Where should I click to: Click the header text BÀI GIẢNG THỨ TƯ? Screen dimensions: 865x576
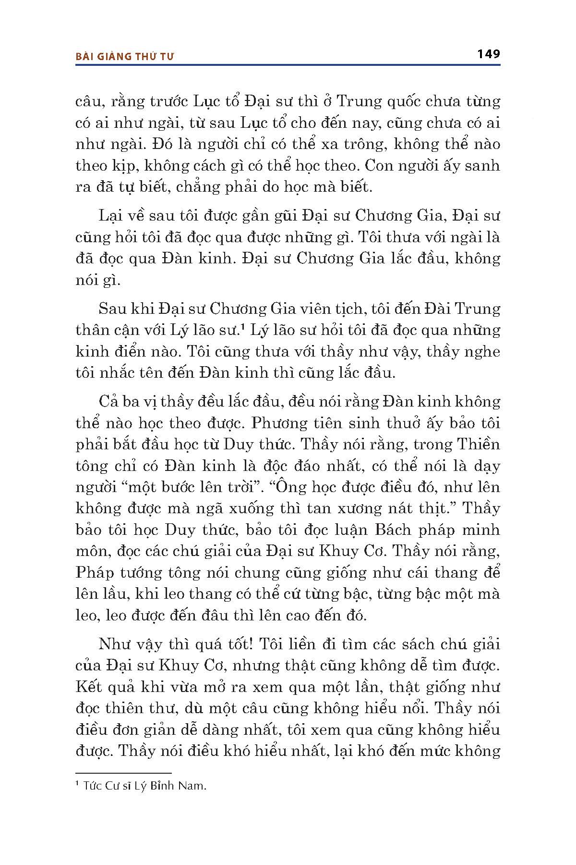pyautogui.click(x=125, y=56)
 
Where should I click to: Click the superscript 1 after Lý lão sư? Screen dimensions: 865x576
pyautogui.click(x=244, y=327)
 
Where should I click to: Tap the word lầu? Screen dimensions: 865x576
pyautogui.click(x=112, y=594)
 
